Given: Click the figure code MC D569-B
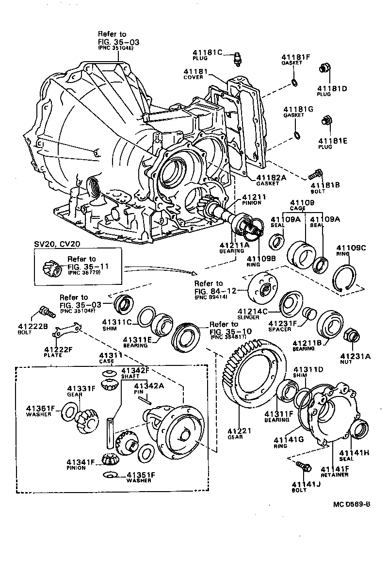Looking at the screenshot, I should tap(352, 503).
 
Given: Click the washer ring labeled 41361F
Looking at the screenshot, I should tap(68, 412).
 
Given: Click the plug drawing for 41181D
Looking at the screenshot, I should tap(324, 70).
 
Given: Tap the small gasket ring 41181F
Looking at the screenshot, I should tap(294, 81).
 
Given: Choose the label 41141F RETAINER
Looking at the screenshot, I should tap(334, 471).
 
